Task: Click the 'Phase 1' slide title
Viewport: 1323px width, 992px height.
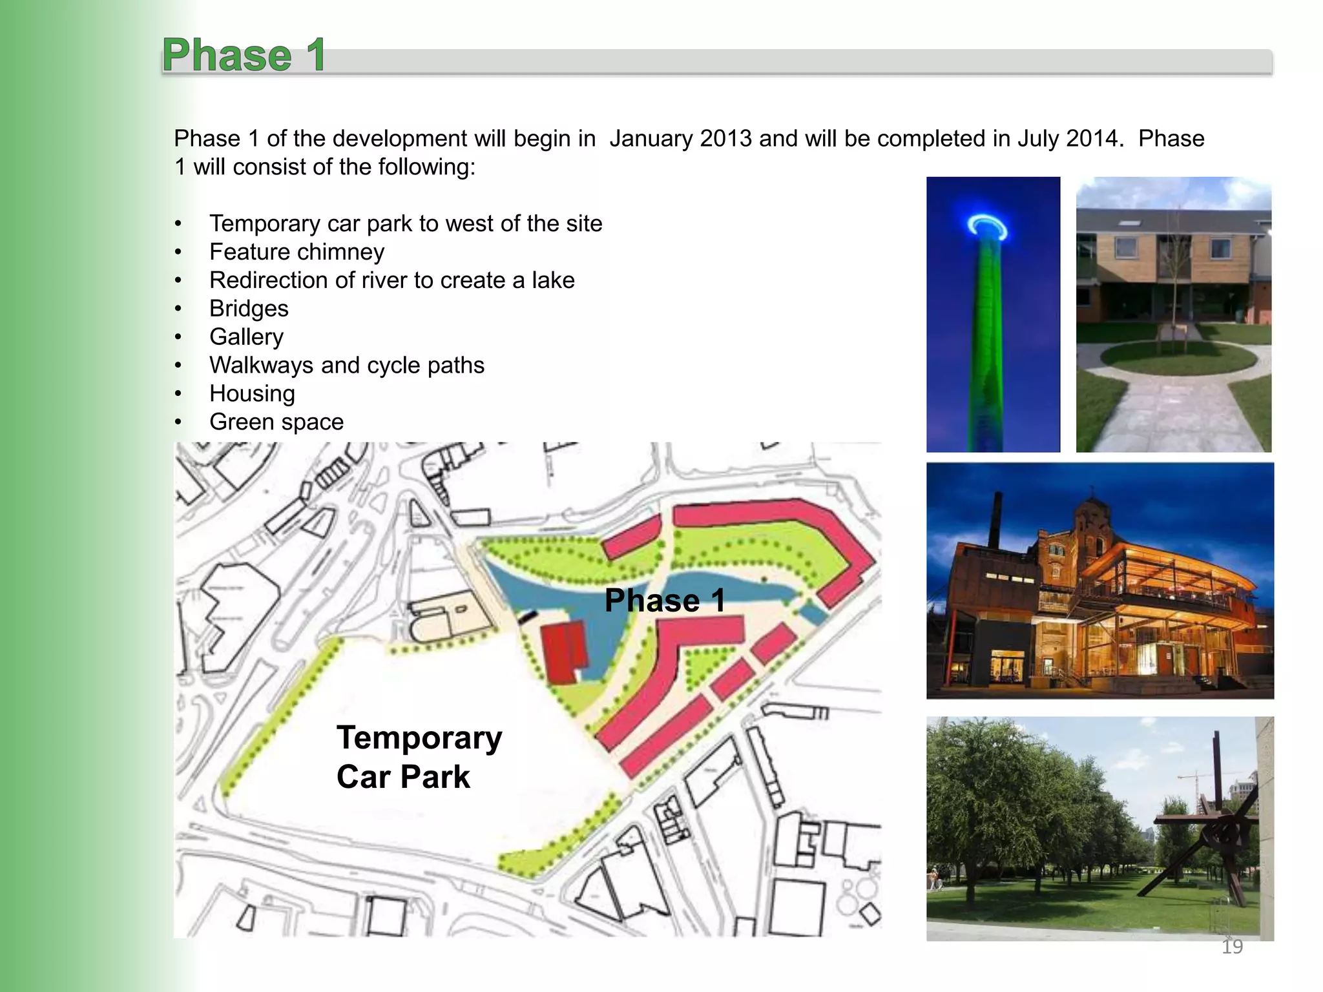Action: [244, 56]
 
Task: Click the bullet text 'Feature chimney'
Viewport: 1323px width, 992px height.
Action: [297, 252]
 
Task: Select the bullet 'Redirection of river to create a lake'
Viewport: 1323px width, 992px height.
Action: [391, 280]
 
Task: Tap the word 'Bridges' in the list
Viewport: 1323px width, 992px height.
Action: [249, 309]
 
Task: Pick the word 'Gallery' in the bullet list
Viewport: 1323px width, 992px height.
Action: [246, 337]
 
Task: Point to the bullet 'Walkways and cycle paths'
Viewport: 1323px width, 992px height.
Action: [346, 366]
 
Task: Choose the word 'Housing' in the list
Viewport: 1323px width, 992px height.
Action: [252, 394]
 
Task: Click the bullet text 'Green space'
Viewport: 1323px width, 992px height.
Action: [276, 422]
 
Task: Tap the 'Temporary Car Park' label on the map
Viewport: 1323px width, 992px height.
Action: [419, 756]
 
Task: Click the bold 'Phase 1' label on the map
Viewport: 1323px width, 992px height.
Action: [664, 601]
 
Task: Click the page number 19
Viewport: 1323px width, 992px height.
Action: [1232, 947]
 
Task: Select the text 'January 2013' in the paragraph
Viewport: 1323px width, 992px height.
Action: [680, 139]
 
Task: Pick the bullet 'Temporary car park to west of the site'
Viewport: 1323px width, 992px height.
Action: [406, 223]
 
